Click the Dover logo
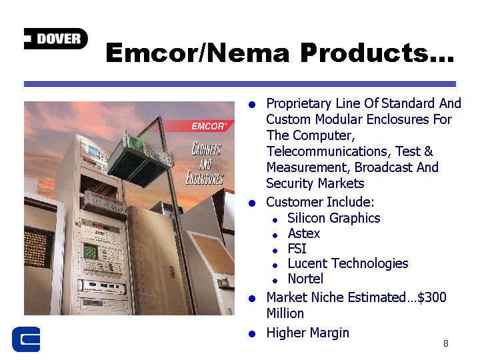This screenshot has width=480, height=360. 56,39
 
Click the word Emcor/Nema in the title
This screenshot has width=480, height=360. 197,53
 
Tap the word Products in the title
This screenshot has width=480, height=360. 364,53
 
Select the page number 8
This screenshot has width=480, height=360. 446,343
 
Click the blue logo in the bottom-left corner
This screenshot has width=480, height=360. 26,339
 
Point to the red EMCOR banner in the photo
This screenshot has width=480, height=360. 199,126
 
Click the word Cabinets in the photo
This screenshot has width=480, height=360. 206,149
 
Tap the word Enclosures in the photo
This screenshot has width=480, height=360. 205,177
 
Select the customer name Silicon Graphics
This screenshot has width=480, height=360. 334,218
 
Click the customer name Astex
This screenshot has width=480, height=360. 304,233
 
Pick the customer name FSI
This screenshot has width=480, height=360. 297,249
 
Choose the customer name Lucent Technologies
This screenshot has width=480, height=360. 348,263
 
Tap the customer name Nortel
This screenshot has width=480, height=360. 305,279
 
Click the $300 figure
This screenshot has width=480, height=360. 431,297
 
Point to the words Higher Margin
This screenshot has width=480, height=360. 307,333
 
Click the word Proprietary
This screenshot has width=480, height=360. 299,104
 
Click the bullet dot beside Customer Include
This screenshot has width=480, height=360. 252,203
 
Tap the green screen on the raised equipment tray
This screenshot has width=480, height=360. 136,143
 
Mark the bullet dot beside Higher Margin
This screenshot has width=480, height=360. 252,334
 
